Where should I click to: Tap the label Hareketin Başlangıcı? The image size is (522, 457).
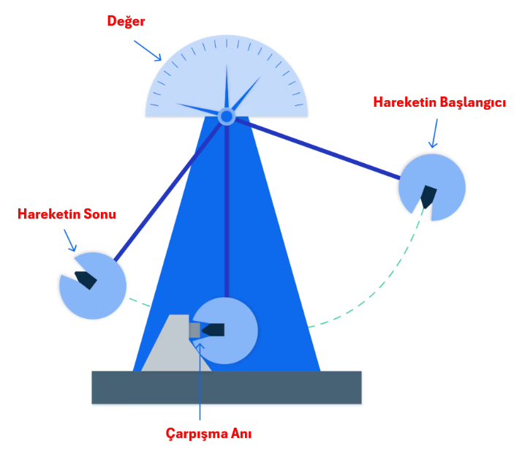point(439,102)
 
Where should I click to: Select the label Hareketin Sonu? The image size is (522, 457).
point(67,214)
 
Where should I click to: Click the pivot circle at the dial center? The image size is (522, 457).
point(227,116)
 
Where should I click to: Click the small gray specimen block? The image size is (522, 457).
point(194,331)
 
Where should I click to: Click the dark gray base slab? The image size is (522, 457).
point(227,387)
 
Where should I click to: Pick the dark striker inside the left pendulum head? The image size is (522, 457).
point(85,279)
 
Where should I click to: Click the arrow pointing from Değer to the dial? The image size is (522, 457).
point(148,50)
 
